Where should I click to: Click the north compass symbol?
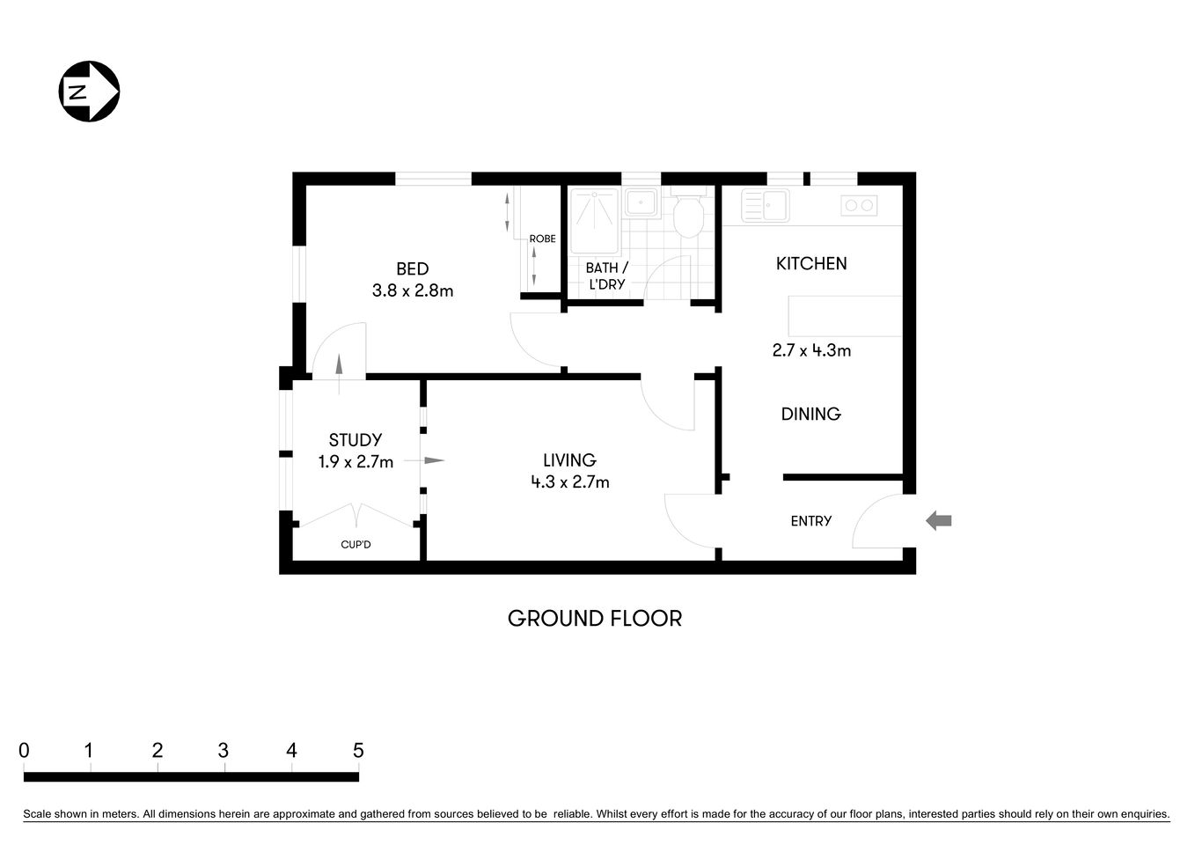(x=89, y=91)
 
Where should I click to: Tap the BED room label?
(x=412, y=269)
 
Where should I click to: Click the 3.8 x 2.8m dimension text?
(x=412, y=290)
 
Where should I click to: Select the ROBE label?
(x=542, y=239)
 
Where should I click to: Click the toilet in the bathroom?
(x=687, y=215)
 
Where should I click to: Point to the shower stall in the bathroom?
(x=595, y=219)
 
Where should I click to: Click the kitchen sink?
(x=766, y=205)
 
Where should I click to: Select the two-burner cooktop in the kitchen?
(x=859, y=206)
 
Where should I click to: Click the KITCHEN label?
(x=811, y=263)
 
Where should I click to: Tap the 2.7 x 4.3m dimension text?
(x=811, y=350)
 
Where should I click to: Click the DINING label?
(x=810, y=414)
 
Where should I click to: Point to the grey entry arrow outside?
(x=939, y=521)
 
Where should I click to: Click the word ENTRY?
(x=810, y=521)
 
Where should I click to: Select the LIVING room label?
(x=569, y=459)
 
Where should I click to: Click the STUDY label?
(x=355, y=440)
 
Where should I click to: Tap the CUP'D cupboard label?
(x=356, y=545)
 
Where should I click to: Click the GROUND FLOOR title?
(x=595, y=619)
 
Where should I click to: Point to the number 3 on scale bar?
(x=224, y=751)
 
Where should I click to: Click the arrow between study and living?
(x=432, y=460)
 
